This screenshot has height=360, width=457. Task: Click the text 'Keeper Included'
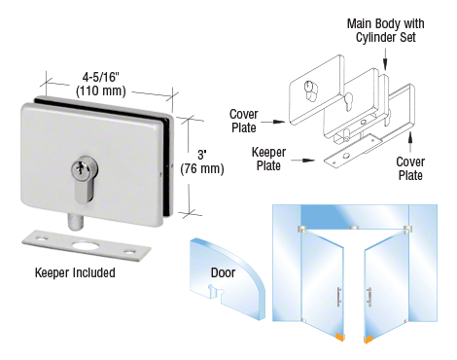(x=74, y=272)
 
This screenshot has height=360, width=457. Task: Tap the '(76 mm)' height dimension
(x=203, y=168)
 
